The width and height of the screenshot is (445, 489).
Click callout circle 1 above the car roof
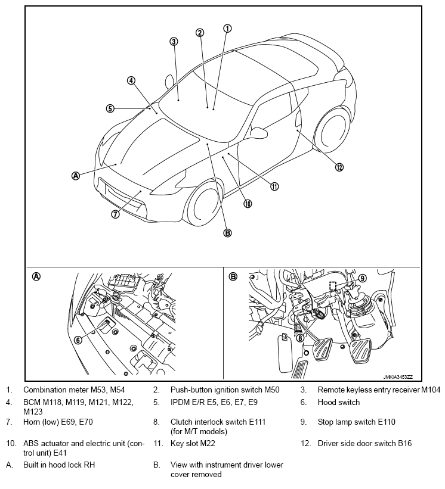click(x=227, y=28)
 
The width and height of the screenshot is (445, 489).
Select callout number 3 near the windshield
click(x=174, y=42)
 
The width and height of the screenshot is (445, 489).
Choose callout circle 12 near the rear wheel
click(x=339, y=167)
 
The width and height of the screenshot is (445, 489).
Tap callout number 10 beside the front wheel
click(x=248, y=204)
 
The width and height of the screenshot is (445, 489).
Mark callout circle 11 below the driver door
click(x=274, y=186)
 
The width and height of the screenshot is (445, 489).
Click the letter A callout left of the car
click(x=76, y=175)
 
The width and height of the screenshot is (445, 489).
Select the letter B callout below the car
click(x=227, y=233)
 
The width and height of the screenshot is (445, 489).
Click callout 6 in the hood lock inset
click(x=78, y=340)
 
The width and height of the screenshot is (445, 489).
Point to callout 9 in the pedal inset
click(x=362, y=278)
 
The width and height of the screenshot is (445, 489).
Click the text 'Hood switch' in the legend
click(x=338, y=402)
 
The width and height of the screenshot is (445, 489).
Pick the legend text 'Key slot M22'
click(x=193, y=443)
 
